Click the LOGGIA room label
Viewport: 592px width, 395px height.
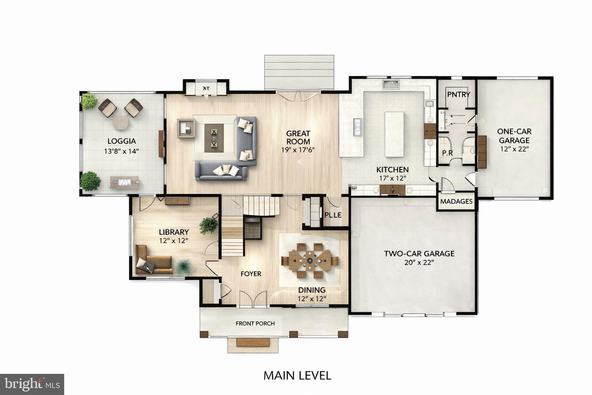(x=121, y=141)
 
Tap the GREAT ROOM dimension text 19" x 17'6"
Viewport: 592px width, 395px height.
(x=298, y=150)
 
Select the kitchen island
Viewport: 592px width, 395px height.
(x=394, y=134)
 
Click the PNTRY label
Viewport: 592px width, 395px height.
(x=458, y=94)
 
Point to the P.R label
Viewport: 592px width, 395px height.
(x=447, y=153)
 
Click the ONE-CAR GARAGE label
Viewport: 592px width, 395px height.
(x=514, y=136)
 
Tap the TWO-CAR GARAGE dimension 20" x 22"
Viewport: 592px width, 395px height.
(x=419, y=263)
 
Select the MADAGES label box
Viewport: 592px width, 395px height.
(x=456, y=201)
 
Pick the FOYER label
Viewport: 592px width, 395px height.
(x=251, y=274)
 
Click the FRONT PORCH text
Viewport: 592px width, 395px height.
(x=255, y=324)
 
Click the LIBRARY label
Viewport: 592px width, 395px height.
(x=174, y=232)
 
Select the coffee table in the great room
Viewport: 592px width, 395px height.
(x=214, y=138)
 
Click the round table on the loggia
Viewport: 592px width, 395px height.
(x=120, y=123)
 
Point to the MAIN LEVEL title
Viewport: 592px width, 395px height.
(x=297, y=376)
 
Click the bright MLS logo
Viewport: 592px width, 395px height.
(x=32, y=384)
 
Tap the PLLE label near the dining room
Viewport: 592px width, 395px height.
(x=333, y=215)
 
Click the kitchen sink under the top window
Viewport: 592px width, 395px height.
(x=391, y=84)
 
